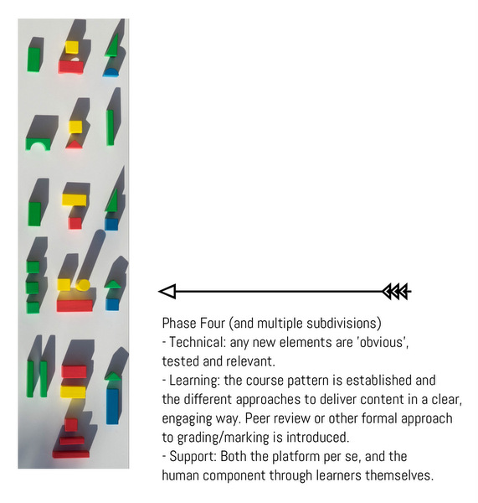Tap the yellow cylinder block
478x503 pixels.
(x=83, y=285)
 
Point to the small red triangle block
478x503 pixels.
(x=75, y=143)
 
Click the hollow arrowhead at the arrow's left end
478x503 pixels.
(x=167, y=292)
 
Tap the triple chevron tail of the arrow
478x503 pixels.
(x=396, y=292)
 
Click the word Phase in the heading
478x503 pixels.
(x=179, y=323)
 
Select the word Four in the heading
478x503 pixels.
(x=215, y=323)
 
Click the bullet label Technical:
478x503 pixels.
(x=198, y=341)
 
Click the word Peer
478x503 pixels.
(x=327, y=417)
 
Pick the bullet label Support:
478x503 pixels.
(x=194, y=456)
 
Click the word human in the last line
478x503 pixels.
(x=181, y=475)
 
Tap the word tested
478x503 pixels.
(x=179, y=360)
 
